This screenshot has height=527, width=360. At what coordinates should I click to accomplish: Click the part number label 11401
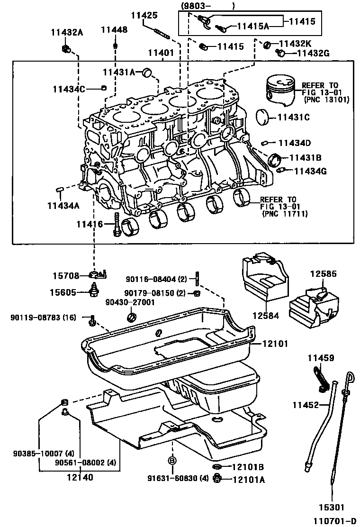[x=161, y=54]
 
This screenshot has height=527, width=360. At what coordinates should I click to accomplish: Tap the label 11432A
[x=67, y=32]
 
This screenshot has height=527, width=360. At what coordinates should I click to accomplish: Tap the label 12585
[x=324, y=273]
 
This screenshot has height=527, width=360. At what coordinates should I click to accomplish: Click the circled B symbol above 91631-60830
[x=172, y=460]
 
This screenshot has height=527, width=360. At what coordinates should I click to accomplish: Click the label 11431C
[x=294, y=117]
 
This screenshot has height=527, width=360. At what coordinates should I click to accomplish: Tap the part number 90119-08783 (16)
[x=43, y=317]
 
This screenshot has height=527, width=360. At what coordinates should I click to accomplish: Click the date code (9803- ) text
[x=207, y=6]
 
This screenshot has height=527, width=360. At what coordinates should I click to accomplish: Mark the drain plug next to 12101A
[x=218, y=479]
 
